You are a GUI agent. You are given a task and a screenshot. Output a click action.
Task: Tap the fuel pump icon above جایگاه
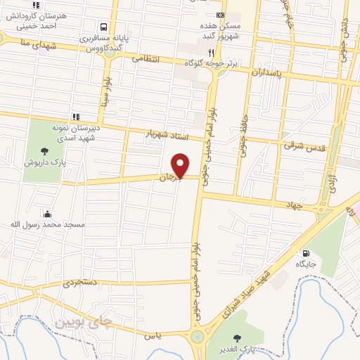pyautogui.click(x=305, y=253)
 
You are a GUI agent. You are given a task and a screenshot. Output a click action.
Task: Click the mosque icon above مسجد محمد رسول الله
pyautogui.click(x=47, y=213)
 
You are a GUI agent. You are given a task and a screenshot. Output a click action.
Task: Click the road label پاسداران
pyautogui.click(x=265, y=72)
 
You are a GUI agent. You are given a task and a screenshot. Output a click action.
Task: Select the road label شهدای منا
pyautogui.click(x=33, y=43)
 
